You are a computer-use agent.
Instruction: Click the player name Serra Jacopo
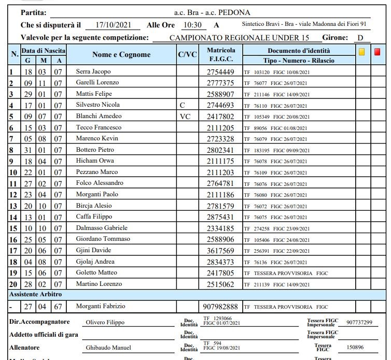point(93,71)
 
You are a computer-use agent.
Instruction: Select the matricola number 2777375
point(220,83)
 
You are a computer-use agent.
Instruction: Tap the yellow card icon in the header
point(362,52)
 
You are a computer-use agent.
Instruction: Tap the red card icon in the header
point(378,52)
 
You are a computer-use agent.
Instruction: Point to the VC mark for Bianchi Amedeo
point(185,117)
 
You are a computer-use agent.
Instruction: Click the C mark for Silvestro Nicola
point(182,105)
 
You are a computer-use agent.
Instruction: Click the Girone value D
point(360,38)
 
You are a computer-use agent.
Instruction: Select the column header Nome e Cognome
point(121,54)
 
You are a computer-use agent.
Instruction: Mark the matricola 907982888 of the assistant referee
point(220,307)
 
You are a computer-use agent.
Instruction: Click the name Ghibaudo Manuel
point(108,348)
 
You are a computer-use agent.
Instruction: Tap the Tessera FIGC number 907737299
point(359,322)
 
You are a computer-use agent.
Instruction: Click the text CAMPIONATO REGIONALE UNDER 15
point(239,38)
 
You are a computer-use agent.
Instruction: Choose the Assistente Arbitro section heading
point(34,294)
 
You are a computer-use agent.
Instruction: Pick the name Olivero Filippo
point(105,322)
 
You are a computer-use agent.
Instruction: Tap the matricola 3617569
point(220,251)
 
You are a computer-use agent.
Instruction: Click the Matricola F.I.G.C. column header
point(221,54)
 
